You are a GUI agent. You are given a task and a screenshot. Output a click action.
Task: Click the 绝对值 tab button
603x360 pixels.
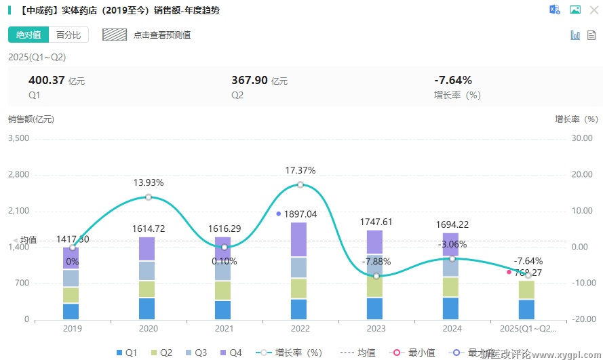(28, 35)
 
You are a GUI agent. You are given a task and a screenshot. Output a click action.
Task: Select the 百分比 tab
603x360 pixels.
(69, 35)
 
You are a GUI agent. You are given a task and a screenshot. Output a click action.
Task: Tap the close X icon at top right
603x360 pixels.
(594, 10)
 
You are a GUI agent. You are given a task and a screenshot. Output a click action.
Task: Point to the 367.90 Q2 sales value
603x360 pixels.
(250, 80)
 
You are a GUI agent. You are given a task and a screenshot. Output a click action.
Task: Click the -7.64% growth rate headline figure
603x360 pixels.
(452, 80)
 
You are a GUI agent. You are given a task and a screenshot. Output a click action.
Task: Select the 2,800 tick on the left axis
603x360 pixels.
(18, 174)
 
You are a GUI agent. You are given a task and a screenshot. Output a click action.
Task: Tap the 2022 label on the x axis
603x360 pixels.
(300, 329)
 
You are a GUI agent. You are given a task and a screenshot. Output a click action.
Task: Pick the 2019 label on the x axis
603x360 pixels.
(72, 329)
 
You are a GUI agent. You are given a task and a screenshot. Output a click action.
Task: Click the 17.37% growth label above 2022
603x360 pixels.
(300, 170)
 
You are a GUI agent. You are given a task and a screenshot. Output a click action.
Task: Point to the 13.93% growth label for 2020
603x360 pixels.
(148, 182)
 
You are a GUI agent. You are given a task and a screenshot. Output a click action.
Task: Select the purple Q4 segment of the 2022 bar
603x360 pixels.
(298, 239)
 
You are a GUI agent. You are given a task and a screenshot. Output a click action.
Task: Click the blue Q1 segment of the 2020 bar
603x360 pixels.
(147, 308)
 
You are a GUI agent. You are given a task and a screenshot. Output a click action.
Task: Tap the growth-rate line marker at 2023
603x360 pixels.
(376, 276)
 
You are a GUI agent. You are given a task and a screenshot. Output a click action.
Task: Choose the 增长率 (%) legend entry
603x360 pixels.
(292, 353)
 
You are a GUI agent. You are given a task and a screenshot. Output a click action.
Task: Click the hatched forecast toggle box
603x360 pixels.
(115, 35)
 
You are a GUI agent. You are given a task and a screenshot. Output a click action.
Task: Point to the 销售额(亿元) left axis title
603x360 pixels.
(31, 119)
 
